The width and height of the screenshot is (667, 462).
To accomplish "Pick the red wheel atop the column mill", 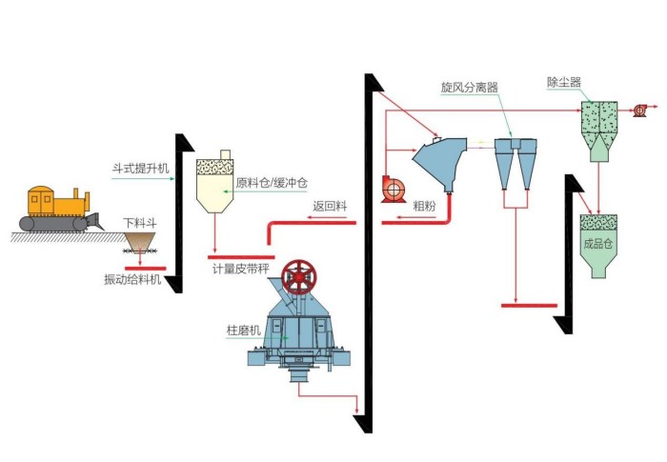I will point(301,277).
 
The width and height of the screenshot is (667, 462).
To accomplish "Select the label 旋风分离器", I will point(469,87).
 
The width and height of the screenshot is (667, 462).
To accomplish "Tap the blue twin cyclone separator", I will point(514,161).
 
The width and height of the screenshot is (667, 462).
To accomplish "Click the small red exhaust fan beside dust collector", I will point(640,111).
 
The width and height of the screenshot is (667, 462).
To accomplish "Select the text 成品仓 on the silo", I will point(596,242).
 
